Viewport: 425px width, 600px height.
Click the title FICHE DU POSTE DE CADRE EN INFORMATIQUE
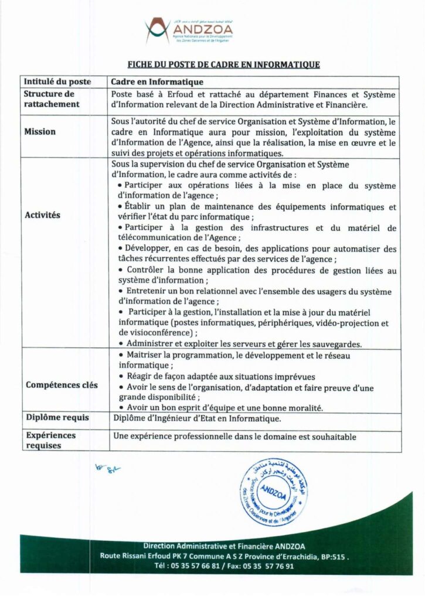point(223,64)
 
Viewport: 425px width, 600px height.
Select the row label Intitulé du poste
point(57,83)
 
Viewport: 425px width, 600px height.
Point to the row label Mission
point(40,132)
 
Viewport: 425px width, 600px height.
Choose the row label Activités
point(43,215)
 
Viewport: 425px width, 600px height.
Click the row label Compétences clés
point(62,385)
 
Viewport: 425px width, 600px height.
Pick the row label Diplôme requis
point(56,418)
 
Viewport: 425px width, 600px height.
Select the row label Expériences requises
point(50,441)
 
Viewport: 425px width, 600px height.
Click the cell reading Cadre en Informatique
point(157,83)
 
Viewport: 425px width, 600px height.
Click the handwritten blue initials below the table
point(104,469)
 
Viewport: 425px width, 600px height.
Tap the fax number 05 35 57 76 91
point(270,566)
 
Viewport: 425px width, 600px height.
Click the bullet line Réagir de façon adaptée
point(221,377)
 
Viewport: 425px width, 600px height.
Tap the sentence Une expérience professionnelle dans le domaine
point(234,436)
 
